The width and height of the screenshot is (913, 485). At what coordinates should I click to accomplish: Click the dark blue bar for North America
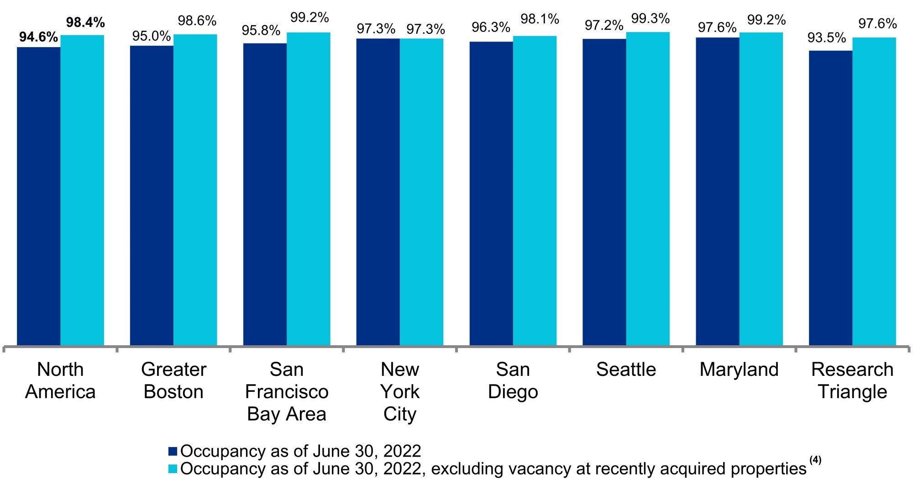(39, 196)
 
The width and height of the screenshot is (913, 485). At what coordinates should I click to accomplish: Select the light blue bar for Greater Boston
(195, 190)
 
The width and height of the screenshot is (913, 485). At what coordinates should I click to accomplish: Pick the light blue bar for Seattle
(648, 189)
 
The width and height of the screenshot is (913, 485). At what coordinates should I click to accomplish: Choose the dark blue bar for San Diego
(491, 193)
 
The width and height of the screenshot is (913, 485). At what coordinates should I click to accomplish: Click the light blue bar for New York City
(421, 192)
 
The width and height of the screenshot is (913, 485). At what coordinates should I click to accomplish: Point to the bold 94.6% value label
(39, 37)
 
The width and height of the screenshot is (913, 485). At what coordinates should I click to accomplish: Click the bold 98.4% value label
(85, 22)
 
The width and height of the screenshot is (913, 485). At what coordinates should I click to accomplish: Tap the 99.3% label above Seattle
(650, 19)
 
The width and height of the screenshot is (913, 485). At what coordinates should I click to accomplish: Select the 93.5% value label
(827, 38)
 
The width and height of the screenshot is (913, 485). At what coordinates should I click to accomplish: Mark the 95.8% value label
(261, 31)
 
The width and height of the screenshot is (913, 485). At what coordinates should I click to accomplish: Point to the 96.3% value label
(491, 27)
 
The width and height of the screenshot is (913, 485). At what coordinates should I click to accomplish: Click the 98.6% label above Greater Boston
(197, 21)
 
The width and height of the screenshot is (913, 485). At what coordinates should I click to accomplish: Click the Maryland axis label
(739, 369)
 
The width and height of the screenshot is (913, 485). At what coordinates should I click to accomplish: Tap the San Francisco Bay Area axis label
(287, 391)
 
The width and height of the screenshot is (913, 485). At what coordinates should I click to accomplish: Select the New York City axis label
(400, 391)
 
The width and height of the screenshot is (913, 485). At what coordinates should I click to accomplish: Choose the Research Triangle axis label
(852, 380)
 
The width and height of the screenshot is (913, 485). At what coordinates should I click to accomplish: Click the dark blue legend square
(173, 451)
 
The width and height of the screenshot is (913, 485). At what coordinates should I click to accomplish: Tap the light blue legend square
(173, 469)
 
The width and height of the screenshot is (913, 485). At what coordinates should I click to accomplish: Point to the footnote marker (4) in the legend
(815, 460)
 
